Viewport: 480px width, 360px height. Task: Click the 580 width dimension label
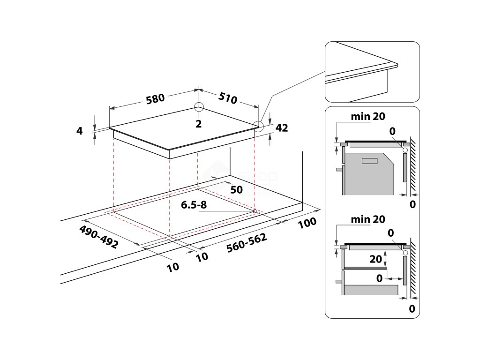pyautogui.click(x=155, y=98)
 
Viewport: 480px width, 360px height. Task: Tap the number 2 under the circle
pyautogui.click(x=199, y=124)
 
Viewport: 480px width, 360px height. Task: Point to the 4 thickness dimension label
pyautogui.click(x=79, y=131)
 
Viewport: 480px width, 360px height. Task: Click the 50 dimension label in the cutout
pyautogui.click(x=236, y=189)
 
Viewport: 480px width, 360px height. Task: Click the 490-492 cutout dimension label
pyautogui.click(x=98, y=237)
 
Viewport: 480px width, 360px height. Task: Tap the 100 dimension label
pyautogui.click(x=307, y=223)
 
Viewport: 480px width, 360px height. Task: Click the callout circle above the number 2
pyautogui.click(x=199, y=107)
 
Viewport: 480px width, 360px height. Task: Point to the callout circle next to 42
pyautogui.click(x=258, y=125)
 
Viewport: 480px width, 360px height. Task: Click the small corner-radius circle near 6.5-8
pyautogui.click(x=255, y=210)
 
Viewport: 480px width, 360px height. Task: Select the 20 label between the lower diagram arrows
pyautogui.click(x=375, y=258)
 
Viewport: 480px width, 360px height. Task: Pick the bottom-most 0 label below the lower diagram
pyautogui.click(x=412, y=308)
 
